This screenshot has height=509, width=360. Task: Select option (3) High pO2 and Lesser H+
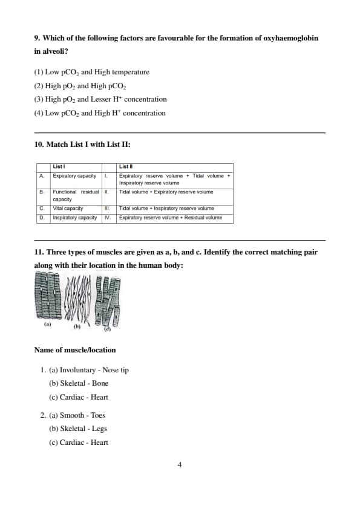click(100, 99)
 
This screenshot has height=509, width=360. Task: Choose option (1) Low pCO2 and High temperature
click(91, 72)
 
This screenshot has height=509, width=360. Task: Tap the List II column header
click(126, 166)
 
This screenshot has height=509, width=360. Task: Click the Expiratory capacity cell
click(74, 176)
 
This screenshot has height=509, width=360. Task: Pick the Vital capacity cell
click(68, 208)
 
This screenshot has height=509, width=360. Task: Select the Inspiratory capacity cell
click(75, 218)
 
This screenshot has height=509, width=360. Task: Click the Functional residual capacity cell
click(76, 195)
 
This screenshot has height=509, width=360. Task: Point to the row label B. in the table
click(42, 192)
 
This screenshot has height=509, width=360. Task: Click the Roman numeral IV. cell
click(108, 218)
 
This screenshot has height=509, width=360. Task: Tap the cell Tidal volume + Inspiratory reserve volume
click(166, 208)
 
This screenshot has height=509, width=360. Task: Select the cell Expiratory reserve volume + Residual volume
click(171, 218)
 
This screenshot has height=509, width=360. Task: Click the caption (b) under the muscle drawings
click(77, 326)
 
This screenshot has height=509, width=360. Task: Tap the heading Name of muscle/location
click(75, 350)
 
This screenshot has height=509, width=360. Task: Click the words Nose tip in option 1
click(116, 370)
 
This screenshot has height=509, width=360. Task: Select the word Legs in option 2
click(99, 429)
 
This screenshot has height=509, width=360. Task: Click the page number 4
click(180, 465)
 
